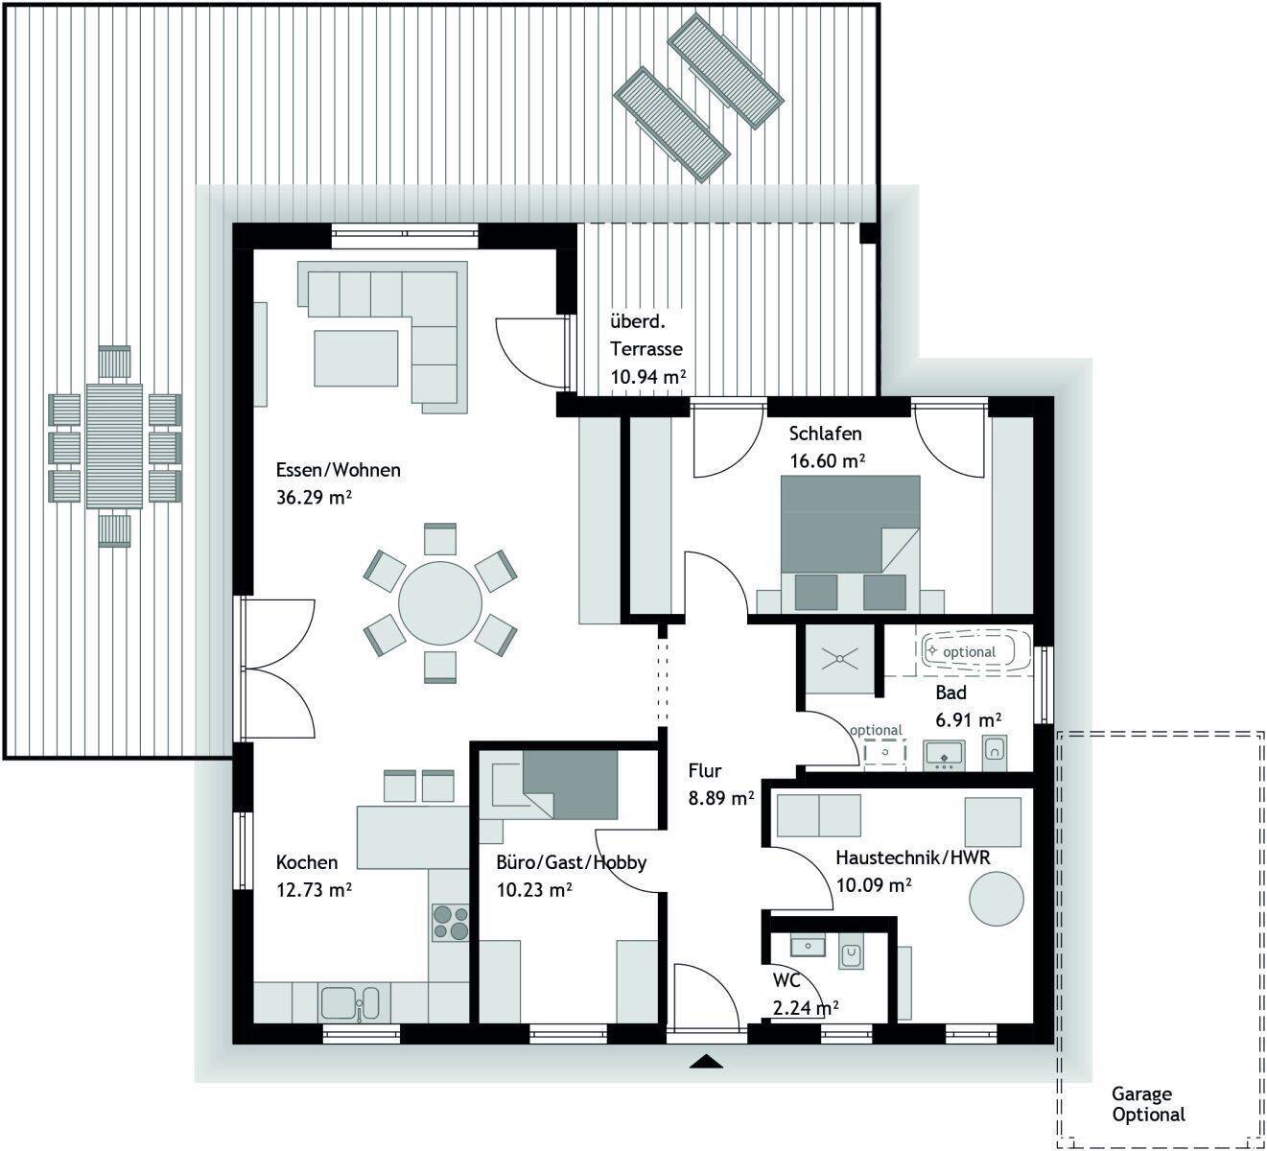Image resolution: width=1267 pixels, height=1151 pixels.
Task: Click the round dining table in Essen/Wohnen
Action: (439, 602)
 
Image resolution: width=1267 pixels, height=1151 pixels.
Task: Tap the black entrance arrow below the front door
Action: (706, 1061)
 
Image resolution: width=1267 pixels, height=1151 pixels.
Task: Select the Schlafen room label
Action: (825, 434)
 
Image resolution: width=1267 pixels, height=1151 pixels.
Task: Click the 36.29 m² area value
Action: (314, 497)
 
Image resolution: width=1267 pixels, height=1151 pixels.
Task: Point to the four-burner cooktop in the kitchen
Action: (450, 923)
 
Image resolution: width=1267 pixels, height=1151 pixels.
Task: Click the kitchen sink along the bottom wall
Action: (350, 1003)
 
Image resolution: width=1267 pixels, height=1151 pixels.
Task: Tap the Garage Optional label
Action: (1148, 1104)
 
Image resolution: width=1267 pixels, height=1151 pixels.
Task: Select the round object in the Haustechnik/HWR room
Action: (996, 899)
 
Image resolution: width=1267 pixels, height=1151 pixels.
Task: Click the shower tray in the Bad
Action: (840, 659)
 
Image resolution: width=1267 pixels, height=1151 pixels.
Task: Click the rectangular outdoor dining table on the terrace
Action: (114, 446)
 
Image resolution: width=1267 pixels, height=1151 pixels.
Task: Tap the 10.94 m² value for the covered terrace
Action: (648, 377)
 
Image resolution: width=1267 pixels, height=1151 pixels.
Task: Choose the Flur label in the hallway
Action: (704, 771)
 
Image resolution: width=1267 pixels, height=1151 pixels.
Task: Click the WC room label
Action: (786, 980)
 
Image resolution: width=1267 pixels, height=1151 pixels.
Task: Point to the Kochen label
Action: (306, 862)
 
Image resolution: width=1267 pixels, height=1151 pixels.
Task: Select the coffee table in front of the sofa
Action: (356, 358)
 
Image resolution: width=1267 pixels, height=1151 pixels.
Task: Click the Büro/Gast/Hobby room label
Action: (571, 863)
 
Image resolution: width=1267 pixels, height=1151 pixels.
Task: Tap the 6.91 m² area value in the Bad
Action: (968, 719)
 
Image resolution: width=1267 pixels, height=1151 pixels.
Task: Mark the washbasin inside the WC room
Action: (808, 947)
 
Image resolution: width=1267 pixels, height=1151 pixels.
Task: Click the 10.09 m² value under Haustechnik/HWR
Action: (874, 885)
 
